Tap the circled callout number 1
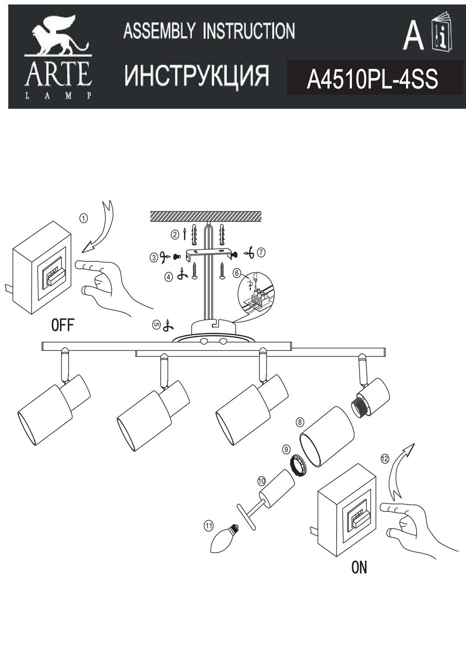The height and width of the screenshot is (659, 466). pos(84,217)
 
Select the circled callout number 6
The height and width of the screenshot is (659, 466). pos(237,273)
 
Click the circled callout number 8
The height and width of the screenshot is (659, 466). pos(299,422)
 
